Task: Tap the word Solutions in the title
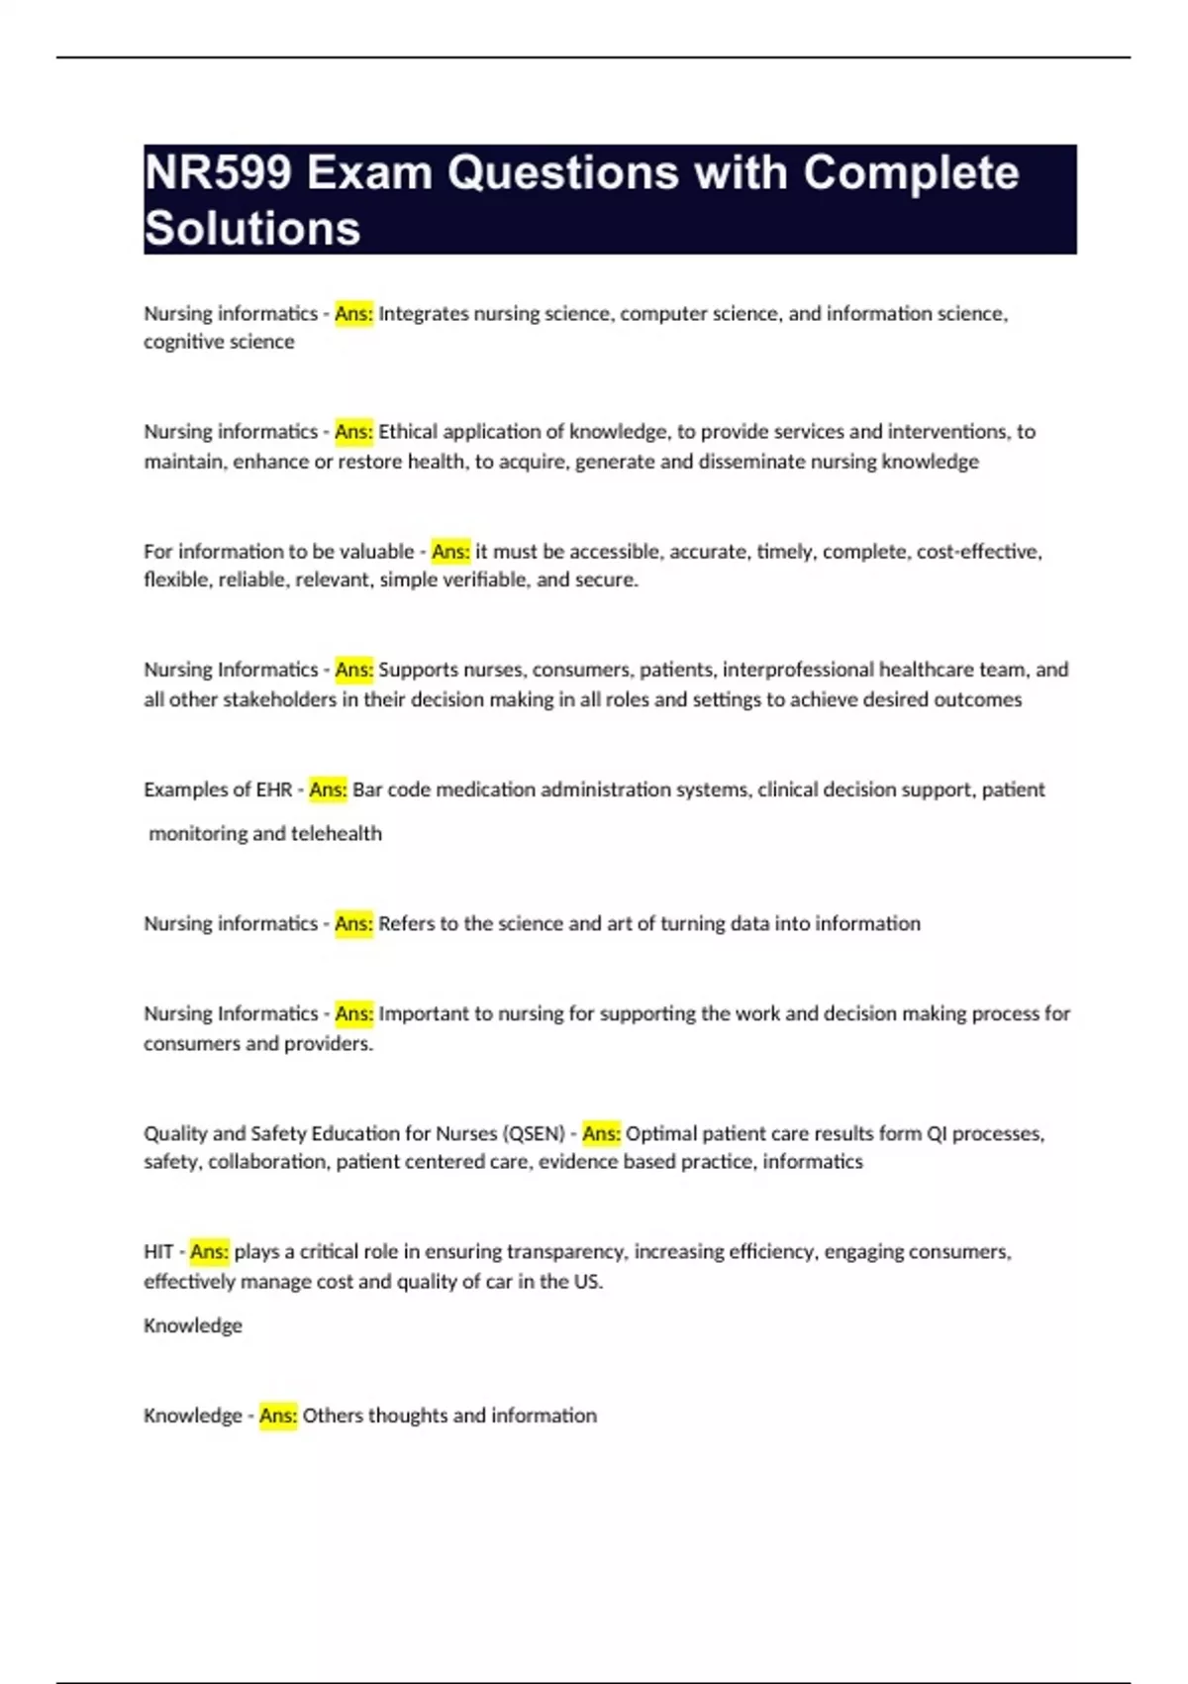coord(252,229)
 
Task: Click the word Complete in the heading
coord(910,173)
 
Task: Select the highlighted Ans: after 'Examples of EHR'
coord(328,789)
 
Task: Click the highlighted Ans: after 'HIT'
coord(209,1252)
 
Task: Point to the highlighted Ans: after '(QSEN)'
coord(601,1133)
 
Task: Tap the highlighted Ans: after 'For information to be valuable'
coord(450,552)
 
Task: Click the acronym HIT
coord(158,1252)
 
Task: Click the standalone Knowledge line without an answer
coord(193,1325)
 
